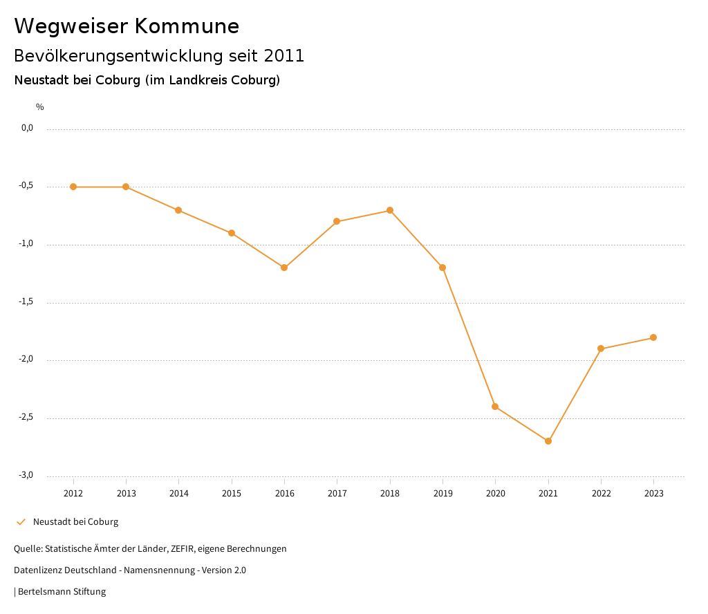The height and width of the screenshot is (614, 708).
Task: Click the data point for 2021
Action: [548, 441]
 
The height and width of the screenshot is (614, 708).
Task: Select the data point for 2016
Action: [284, 268]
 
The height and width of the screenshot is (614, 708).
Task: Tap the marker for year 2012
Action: [73, 187]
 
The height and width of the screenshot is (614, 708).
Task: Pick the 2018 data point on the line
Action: [390, 210]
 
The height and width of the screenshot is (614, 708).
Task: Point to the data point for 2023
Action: [653, 337]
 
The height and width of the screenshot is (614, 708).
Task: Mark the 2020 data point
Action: [495, 407]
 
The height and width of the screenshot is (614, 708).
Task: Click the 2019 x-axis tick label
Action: [442, 494]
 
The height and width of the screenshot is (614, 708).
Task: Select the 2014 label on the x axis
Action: [179, 494]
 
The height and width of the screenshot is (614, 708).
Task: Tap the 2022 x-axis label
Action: [601, 494]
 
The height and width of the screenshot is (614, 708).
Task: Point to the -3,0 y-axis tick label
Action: [26, 475]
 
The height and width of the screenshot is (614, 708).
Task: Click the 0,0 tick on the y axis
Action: [27, 128]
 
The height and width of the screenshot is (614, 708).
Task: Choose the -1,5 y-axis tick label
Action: [26, 301]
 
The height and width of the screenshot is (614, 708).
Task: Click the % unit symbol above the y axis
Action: [40, 107]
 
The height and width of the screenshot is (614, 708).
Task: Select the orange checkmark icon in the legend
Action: [21, 522]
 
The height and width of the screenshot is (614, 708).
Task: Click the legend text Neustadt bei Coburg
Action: [75, 522]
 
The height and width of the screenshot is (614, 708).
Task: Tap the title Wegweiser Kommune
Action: [127, 26]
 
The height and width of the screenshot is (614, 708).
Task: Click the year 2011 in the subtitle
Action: [285, 56]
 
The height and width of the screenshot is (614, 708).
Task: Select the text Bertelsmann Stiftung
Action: [62, 592]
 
